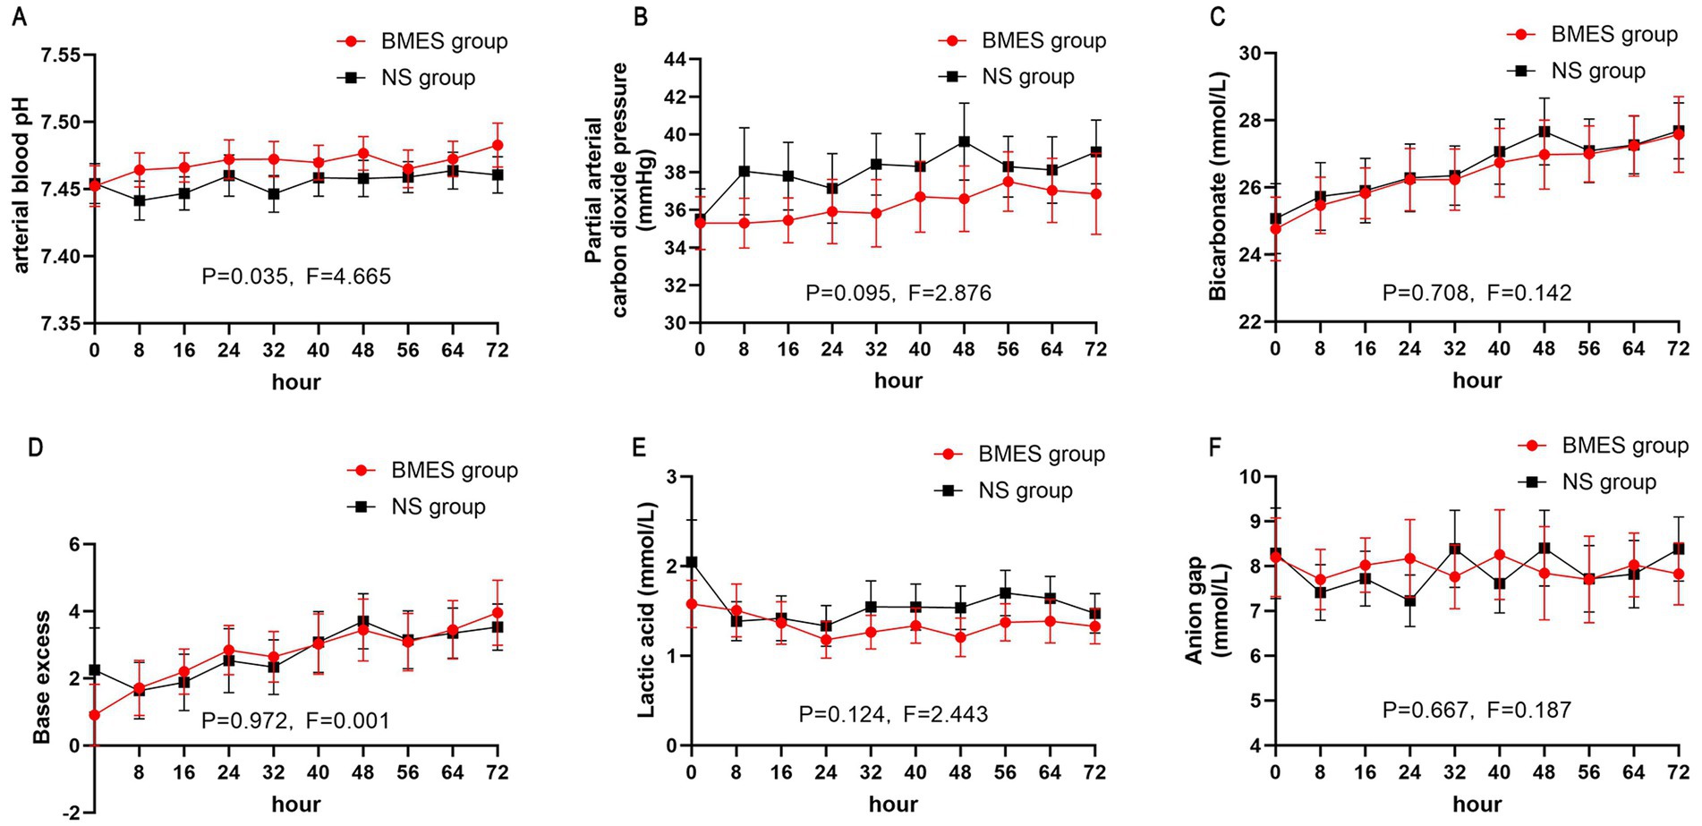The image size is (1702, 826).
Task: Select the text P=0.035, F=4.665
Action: (296, 276)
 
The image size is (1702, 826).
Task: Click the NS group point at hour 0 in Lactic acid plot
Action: (691, 563)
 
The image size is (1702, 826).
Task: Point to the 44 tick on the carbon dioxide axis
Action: (675, 60)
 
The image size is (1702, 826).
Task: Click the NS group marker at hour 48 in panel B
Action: (964, 141)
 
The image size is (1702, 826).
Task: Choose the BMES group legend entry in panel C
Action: (1593, 35)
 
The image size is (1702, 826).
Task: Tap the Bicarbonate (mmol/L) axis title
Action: (1218, 186)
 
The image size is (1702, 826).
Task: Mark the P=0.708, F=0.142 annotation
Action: (1476, 293)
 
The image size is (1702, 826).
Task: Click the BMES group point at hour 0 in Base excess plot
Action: (95, 715)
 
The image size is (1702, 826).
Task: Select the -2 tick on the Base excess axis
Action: (71, 812)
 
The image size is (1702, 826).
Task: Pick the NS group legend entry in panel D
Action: (417, 507)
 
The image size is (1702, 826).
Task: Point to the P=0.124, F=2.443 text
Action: (893, 714)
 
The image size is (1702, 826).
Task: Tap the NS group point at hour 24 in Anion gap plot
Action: (1409, 601)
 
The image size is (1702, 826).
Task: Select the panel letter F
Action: (1214, 447)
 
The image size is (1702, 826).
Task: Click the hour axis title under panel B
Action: (898, 380)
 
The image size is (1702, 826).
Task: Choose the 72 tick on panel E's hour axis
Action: (1094, 772)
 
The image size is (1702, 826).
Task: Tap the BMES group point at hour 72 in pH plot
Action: (498, 145)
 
